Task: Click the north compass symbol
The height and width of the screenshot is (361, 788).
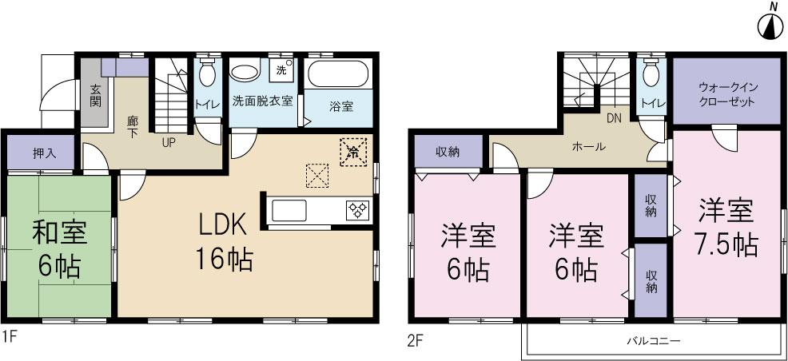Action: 769,26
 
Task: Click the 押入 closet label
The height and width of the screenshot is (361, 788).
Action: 44,153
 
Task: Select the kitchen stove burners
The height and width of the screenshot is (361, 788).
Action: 356,210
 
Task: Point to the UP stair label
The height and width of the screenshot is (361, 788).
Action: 169,142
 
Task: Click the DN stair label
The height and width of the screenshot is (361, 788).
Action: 614,119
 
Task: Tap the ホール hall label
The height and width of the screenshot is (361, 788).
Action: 587,147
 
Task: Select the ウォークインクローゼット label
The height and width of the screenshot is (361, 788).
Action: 726,93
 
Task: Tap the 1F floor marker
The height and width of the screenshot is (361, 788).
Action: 10,337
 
